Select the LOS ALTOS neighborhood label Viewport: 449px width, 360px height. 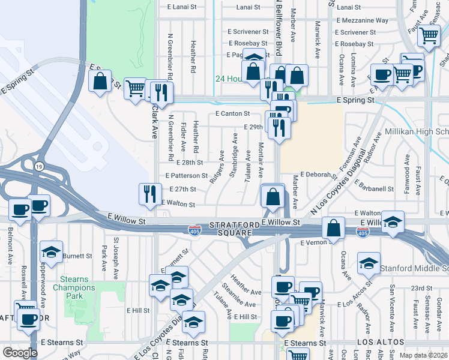pos(377,343)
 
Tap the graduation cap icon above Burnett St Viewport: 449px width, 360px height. pos(52,251)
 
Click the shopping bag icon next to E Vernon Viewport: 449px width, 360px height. pos(333,228)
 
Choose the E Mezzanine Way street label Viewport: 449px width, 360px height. pos(363,20)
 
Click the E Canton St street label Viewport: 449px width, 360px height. pos(232,113)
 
